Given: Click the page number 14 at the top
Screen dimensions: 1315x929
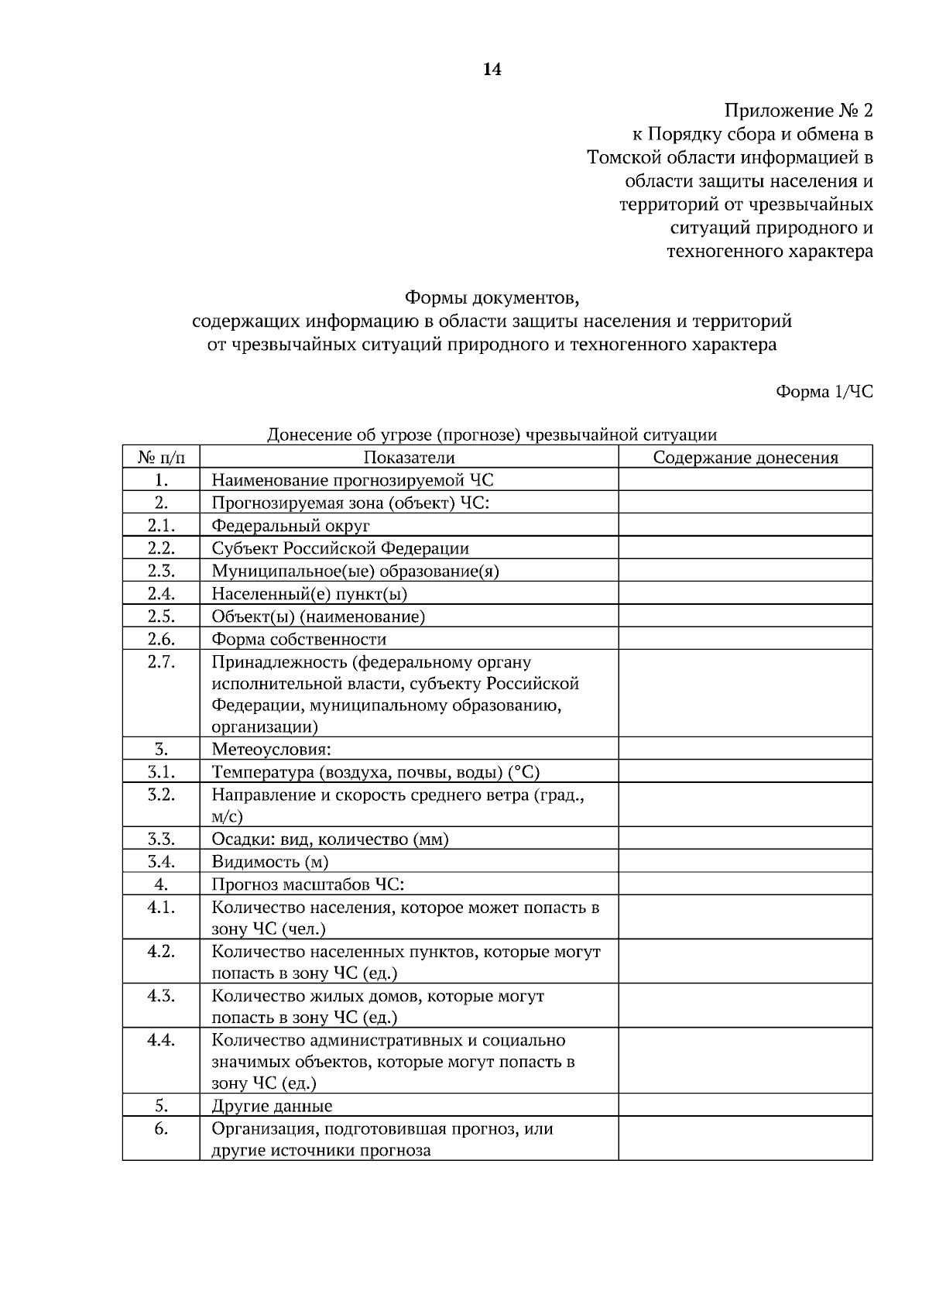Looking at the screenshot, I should pyautogui.click(x=492, y=70).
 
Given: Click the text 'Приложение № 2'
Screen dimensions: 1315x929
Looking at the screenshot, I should pyautogui.click(x=798, y=111).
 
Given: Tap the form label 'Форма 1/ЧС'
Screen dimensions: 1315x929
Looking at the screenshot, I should pyautogui.click(x=824, y=392).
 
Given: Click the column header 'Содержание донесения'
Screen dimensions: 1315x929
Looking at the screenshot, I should pyautogui.click(x=745, y=457).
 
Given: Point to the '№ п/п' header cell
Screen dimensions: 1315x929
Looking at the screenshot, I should pyautogui.click(x=161, y=457).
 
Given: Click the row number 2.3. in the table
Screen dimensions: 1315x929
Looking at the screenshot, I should pyautogui.click(x=161, y=571).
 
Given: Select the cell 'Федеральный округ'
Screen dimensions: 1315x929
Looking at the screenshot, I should pyautogui.click(x=290, y=526).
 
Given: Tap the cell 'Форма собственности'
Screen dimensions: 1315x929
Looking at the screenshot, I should pyautogui.click(x=299, y=639).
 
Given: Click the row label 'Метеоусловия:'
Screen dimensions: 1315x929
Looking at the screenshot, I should pyautogui.click(x=271, y=750).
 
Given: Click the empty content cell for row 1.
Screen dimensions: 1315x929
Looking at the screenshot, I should pyautogui.click(x=745, y=480).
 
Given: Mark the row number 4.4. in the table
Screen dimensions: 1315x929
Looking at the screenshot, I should pyautogui.click(x=161, y=1040).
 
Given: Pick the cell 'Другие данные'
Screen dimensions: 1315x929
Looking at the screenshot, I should pyautogui.click(x=272, y=1106).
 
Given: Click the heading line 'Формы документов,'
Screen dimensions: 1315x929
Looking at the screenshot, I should pyautogui.click(x=492, y=297).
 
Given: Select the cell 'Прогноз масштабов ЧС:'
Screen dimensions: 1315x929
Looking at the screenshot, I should pyautogui.click(x=308, y=884).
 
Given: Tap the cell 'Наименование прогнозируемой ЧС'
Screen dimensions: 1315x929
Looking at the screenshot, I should pyautogui.click(x=352, y=480).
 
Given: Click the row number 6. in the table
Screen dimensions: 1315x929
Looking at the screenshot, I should pyautogui.click(x=161, y=1128).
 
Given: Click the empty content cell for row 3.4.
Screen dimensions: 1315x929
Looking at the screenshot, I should pyautogui.click(x=745, y=862).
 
